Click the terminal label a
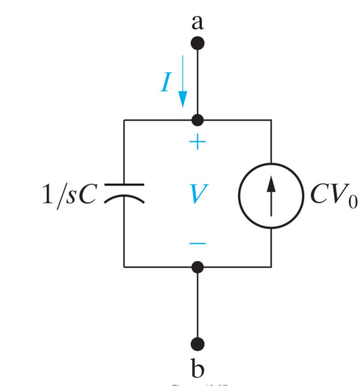pos(198,22)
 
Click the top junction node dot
pos(198,120)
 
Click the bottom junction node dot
pos(198,267)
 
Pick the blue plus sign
pos(197,143)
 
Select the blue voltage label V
pos(197,194)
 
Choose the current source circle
pos(271,193)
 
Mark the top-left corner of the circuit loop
pos(124,120)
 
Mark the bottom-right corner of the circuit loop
pos(271,267)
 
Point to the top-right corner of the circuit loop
pos(271,120)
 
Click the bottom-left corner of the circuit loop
pos(124,267)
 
